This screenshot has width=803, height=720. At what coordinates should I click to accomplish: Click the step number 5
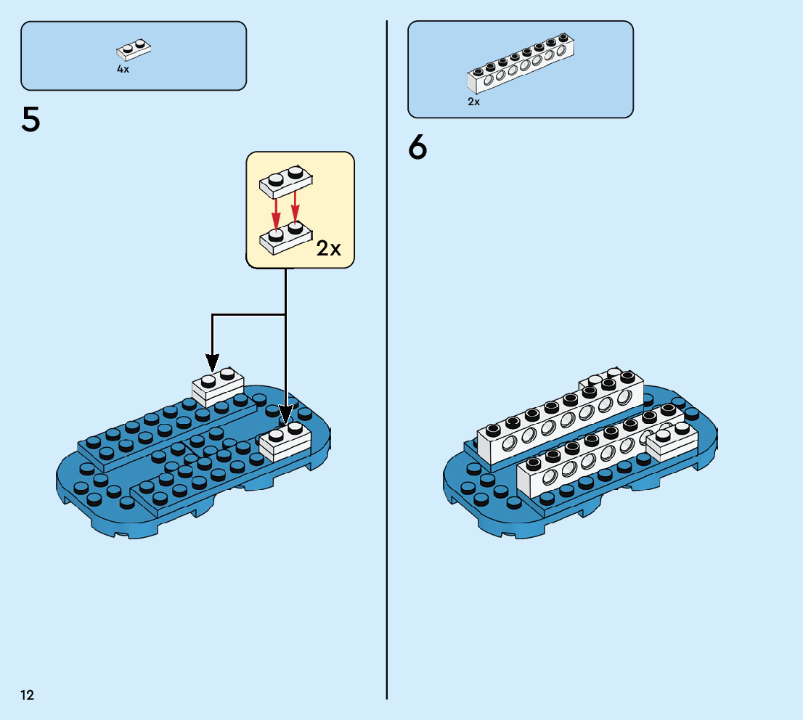31,120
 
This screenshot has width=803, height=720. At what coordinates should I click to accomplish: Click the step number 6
418,148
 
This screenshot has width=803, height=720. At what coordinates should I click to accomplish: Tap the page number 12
27,695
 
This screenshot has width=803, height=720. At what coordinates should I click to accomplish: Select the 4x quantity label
123,69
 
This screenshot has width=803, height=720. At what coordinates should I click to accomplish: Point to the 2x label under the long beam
473,102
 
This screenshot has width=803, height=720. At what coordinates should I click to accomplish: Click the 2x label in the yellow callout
329,248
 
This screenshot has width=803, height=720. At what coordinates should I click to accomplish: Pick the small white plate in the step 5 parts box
134,49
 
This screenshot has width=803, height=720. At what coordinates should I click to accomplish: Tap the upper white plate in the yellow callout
286,182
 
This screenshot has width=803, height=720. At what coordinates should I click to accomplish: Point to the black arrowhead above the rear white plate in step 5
212,361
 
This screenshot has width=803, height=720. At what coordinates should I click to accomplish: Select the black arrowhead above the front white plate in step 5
285,414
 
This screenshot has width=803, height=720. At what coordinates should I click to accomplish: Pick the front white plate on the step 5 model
285,442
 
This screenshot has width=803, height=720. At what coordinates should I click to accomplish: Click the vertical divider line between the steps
387,363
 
